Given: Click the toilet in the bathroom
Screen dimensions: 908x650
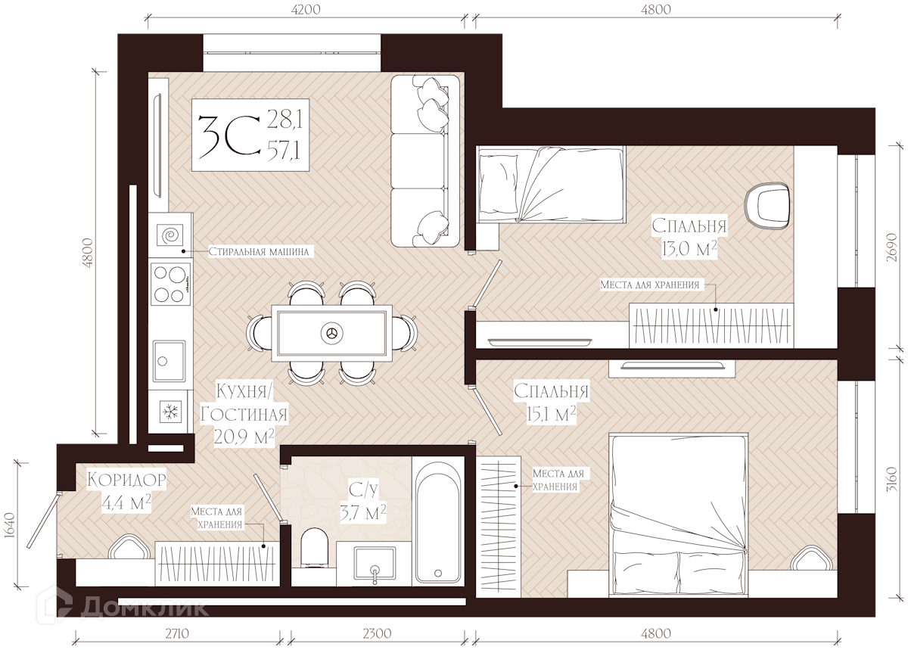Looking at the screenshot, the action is click(315, 547).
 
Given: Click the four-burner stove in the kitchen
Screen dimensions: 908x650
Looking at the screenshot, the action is click(171, 284).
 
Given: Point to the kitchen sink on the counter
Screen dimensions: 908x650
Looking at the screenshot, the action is click(169, 360).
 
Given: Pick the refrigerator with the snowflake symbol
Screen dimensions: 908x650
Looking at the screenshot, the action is click(170, 412).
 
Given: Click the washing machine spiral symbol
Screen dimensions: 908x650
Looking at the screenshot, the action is click(170, 235).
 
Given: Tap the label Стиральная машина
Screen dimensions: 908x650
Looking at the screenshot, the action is click(259, 252).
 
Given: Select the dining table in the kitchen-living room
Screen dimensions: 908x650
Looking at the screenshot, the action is click(331, 333).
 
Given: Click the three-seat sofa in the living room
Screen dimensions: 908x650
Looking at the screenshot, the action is click(425, 161).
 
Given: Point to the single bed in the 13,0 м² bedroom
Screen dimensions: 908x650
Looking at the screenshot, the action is click(552, 185).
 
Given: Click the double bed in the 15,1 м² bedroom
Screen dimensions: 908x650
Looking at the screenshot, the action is click(678, 515).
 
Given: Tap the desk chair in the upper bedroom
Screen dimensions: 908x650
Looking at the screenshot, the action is click(767, 207).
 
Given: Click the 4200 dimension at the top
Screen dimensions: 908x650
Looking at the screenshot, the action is click(306, 9).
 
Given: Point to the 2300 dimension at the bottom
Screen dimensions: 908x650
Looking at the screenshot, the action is click(377, 633).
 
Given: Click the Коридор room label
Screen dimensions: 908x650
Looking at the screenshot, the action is click(127, 480).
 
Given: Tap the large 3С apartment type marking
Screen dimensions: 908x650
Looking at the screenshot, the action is click(230, 137).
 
